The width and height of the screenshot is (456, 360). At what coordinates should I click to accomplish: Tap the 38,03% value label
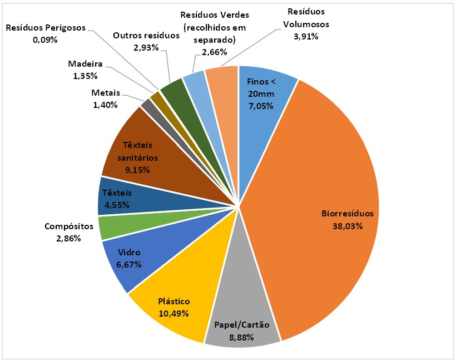pos(348,226)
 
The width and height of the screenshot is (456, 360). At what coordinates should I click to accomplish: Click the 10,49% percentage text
pos(174,313)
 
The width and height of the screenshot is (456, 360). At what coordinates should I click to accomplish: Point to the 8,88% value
pos(241,337)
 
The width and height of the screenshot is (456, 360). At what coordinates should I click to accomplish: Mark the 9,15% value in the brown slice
pos(136,170)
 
